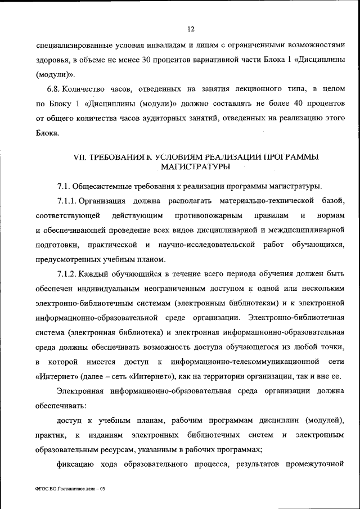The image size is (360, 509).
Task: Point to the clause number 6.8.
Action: (53, 89)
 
